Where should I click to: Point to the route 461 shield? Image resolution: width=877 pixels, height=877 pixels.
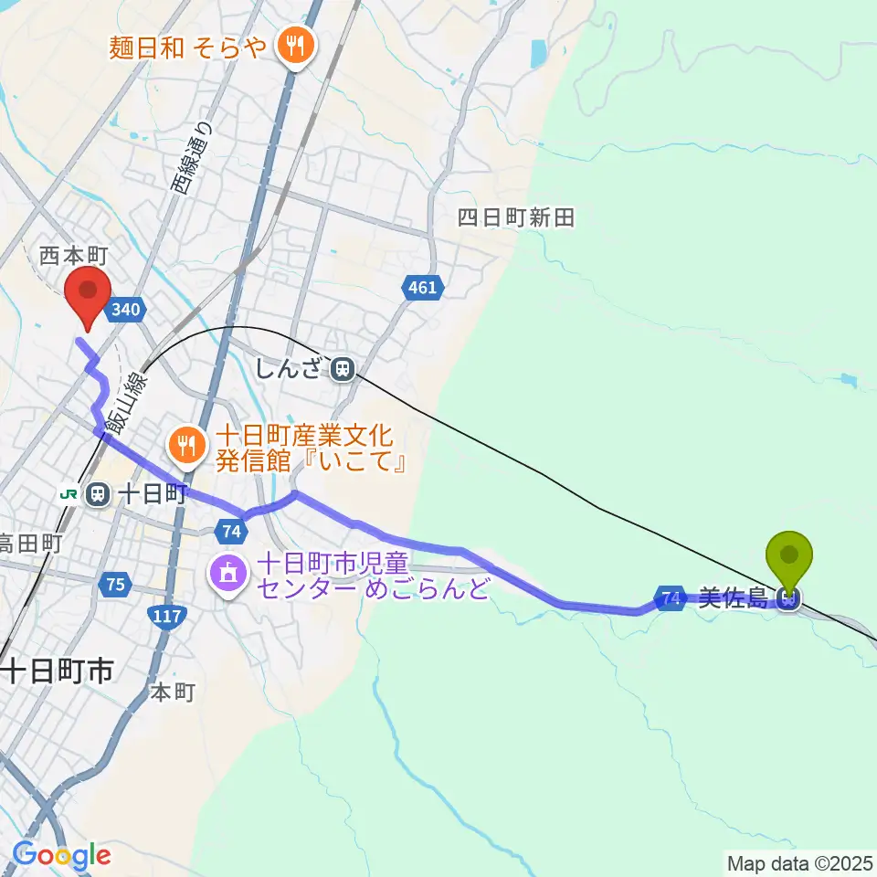[x=422, y=289]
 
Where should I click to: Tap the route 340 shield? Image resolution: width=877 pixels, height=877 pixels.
[x=125, y=311]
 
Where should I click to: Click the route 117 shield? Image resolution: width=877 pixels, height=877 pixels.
[x=167, y=618]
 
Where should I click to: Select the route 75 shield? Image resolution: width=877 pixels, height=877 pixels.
[x=115, y=585]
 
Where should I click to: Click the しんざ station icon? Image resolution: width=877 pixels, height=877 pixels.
[x=343, y=369]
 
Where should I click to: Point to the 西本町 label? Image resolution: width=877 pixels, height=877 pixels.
[x=74, y=255]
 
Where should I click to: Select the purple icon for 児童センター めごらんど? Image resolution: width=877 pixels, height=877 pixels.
[x=227, y=574]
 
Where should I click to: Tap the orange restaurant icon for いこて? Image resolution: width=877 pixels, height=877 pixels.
[x=187, y=445]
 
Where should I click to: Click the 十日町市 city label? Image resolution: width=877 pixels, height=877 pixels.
[x=57, y=671]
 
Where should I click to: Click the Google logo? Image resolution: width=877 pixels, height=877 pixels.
[x=61, y=856]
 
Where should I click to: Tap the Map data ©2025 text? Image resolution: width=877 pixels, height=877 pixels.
[x=799, y=861]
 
